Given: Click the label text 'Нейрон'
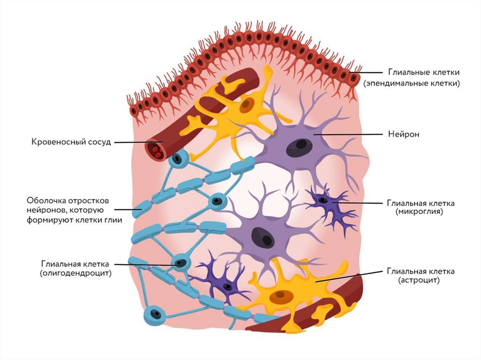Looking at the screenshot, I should click(x=403, y=134).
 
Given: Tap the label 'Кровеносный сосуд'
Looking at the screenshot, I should click(x=71, y=142).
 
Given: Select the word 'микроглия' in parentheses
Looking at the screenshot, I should click(x=419, y=212).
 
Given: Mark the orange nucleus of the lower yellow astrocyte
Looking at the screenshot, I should click(x=279, y=296).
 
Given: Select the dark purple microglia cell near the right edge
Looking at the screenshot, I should click(x=327, y=204).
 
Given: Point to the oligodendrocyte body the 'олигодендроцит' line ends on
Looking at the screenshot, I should click(x=181, y=263).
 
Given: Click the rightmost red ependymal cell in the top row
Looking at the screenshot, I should click(x=354, y=77).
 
